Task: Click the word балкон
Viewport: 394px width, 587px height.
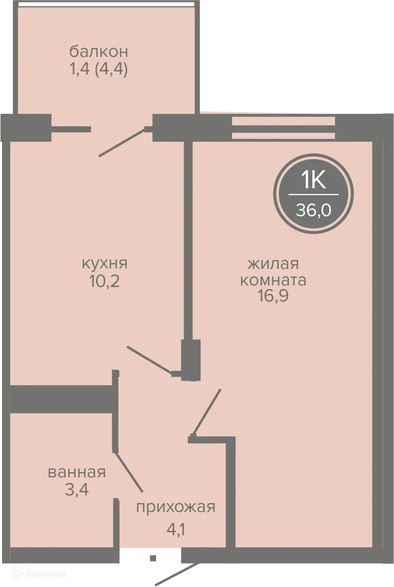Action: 98,52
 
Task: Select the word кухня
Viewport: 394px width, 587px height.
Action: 104,263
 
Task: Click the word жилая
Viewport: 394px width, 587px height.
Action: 273,264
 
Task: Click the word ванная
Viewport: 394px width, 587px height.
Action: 77,472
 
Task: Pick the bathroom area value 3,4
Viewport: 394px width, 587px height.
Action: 77,489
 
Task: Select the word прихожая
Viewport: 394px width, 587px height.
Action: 175,507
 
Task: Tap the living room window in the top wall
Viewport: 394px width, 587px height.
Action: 283,128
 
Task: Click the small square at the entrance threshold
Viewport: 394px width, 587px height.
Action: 153,558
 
